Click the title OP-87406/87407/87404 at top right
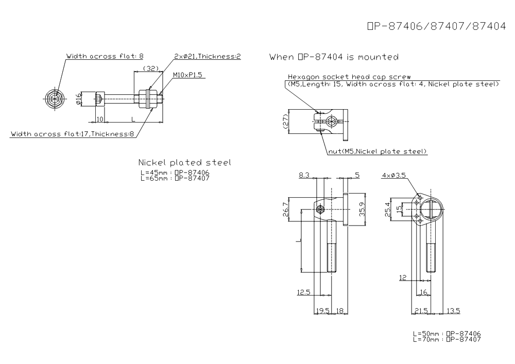437,26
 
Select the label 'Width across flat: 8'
105,56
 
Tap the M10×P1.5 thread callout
187,75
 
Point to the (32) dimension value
151,68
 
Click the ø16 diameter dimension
78,99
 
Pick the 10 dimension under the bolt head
100,119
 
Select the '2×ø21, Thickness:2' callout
208,56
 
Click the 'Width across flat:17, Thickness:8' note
73,134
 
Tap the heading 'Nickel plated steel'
184,163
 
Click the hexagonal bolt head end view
56,99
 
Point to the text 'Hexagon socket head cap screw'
349,77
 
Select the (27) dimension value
285,122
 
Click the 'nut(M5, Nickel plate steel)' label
377,151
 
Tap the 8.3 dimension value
304,175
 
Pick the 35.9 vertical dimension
362,209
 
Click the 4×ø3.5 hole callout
394,175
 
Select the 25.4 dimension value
388,210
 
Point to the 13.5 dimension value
453,310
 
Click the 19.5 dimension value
322,310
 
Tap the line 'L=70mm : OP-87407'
447,339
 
